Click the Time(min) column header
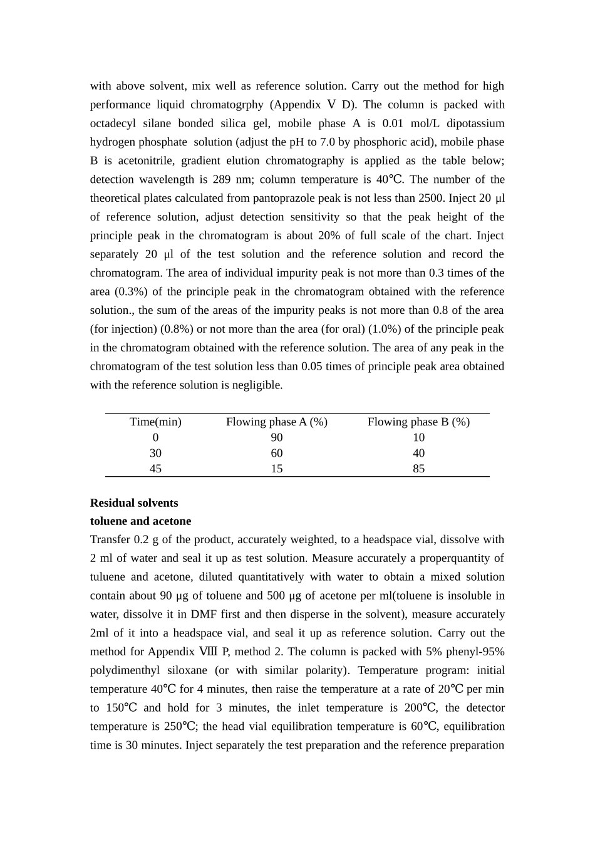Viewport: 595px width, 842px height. click(x=155, y=422)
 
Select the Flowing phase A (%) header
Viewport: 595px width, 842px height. click(x=276, y=422)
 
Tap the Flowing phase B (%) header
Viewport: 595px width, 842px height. click(x=418, y=422)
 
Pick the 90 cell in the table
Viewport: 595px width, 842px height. click(x=276, y=437)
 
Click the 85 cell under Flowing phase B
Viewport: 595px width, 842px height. click(x=418, y=469)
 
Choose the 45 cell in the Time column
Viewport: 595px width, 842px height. click(x=155, y=469)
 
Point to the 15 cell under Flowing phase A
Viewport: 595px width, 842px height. click(x=276, y=469)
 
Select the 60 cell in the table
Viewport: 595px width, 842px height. click(x=276, y=453)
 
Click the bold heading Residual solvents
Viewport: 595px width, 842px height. click(x=134, y=503)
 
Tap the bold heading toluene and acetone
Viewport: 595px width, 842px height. click(x=140, y=521)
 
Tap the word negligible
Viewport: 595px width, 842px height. click(x=257, y=385)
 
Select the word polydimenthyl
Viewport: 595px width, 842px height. click(x=125, y=670)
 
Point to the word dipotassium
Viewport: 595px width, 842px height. click(x=475, y=123)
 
